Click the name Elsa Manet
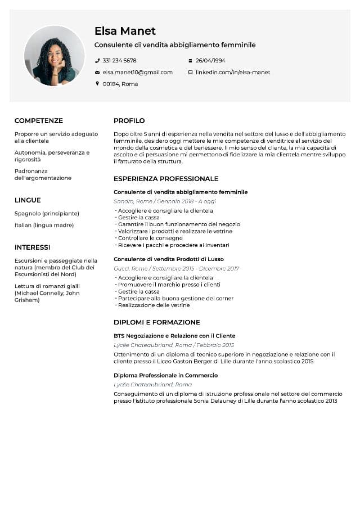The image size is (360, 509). point(125,31)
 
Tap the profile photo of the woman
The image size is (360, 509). point(54,56)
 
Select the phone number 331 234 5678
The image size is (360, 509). point(119,60)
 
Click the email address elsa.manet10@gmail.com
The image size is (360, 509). point(137,73)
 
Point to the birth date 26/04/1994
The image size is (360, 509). point(210,60)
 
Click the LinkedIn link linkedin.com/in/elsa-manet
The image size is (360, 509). point(232,73)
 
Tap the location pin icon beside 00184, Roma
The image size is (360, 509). point(97,84)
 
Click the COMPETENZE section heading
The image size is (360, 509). point(39,120)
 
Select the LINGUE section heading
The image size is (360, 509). point(28,200)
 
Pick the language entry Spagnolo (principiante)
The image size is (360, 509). point(47,214)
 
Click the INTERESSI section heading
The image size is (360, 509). point(32,247)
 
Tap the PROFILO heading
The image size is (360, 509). point(129,120)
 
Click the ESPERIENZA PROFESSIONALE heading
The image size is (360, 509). point(166,178)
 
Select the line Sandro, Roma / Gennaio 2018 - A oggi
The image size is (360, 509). point(164,201)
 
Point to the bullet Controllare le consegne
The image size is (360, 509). point(150,238)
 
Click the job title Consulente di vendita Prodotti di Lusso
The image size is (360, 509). point(168,259)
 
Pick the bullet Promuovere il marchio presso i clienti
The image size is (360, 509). point(169,285)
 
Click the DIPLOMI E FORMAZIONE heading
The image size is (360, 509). point(156,322)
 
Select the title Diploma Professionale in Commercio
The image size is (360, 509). point(165,375)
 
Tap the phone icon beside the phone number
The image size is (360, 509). point(97,60)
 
